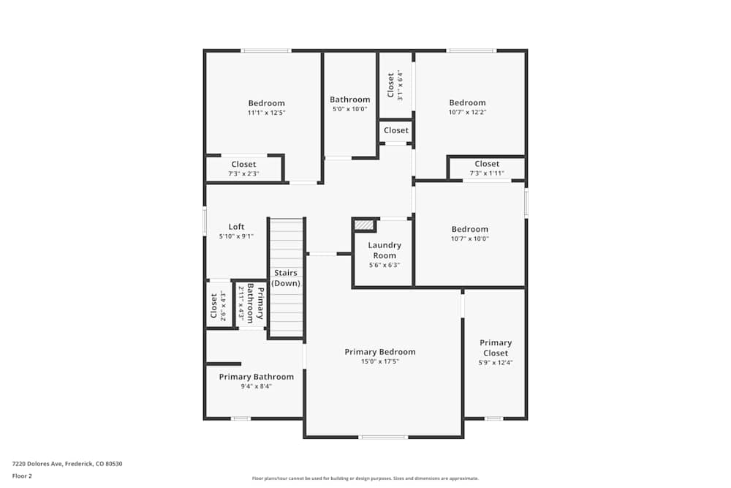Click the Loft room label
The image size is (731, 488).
click(x=236, y=227)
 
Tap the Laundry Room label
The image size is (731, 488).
click(x=385, y=250)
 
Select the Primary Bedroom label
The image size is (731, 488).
click(x=379, y=352)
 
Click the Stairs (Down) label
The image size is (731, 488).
click(x=286, y=278)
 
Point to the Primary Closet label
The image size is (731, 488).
click(x=496, y=348)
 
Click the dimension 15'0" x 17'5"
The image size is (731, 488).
click(x=379, y=361)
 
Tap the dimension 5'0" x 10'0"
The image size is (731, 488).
click(x=349, y=109)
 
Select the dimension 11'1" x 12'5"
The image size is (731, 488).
click(x=266, y=113)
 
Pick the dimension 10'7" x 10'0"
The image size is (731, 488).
click(x=469, y=239)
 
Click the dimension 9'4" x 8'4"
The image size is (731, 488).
click(x=256, y=386)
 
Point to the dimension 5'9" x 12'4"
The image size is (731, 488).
click(x=496, y=363)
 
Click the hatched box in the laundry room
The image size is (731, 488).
click(x=364, y=225)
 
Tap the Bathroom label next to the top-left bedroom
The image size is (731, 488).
click(x=349, y=100)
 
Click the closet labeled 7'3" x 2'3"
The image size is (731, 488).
click(x=243, y=168)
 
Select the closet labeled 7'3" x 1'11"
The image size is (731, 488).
click(x=487, y=168)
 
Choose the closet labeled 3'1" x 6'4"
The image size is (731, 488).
click(x=395, y=85)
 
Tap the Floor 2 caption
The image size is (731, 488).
click(x=22, y=476)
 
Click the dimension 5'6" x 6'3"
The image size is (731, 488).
click(x=385, y=266)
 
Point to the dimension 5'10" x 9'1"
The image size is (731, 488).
click(x=236, y=236)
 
